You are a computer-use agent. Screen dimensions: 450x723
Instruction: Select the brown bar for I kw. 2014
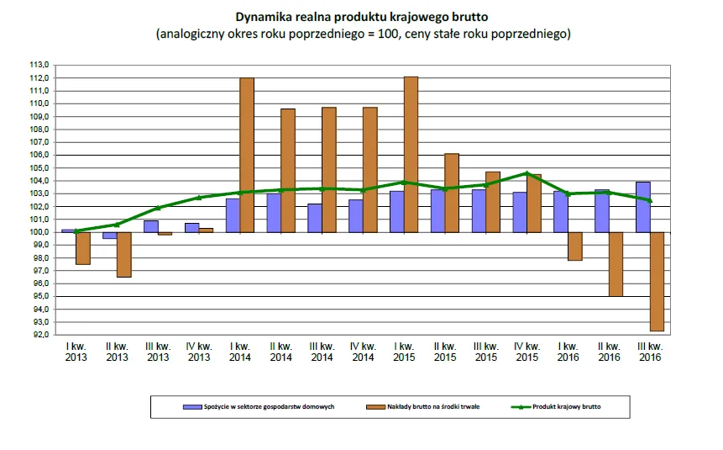247,155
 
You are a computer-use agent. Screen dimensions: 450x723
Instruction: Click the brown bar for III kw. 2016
657,281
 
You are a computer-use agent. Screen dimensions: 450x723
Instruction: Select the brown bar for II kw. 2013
123,254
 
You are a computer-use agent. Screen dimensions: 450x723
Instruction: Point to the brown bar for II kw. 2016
616,263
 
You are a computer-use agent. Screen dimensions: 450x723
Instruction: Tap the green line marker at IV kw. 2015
527,173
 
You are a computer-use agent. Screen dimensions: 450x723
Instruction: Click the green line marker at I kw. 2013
76,230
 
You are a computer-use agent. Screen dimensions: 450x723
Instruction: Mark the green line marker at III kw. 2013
158,208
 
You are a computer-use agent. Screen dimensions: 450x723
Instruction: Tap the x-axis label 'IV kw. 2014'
362,352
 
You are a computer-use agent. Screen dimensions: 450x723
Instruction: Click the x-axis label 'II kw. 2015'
444,352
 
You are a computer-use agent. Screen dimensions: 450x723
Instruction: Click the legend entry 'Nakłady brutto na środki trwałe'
435,406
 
